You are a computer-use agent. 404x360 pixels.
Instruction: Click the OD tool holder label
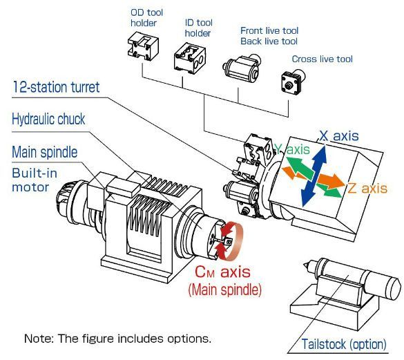(146, 18)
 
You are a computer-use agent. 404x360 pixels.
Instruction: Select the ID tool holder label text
(198, 28)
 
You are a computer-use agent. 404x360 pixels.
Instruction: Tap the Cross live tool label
(322, 59)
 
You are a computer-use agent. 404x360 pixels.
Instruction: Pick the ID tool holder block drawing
(190, 58)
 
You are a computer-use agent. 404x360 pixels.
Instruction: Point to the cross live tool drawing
(293, 82)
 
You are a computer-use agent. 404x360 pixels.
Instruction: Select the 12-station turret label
(56, 87)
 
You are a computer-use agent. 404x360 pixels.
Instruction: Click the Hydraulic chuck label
(48, 119)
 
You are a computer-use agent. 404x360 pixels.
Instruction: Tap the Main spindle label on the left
(45, 152)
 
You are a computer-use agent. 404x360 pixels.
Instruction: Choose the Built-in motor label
(35, 180)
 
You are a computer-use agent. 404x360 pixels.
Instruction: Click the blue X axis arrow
(314, 176)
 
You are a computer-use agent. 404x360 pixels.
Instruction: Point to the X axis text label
(339, 136)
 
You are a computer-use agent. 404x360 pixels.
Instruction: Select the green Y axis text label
(292, 149)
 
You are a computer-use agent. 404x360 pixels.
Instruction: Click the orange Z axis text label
(367, 188)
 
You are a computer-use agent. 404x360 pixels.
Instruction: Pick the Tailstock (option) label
(344, 344)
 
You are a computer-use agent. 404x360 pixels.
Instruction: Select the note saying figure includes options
(117, 339)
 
